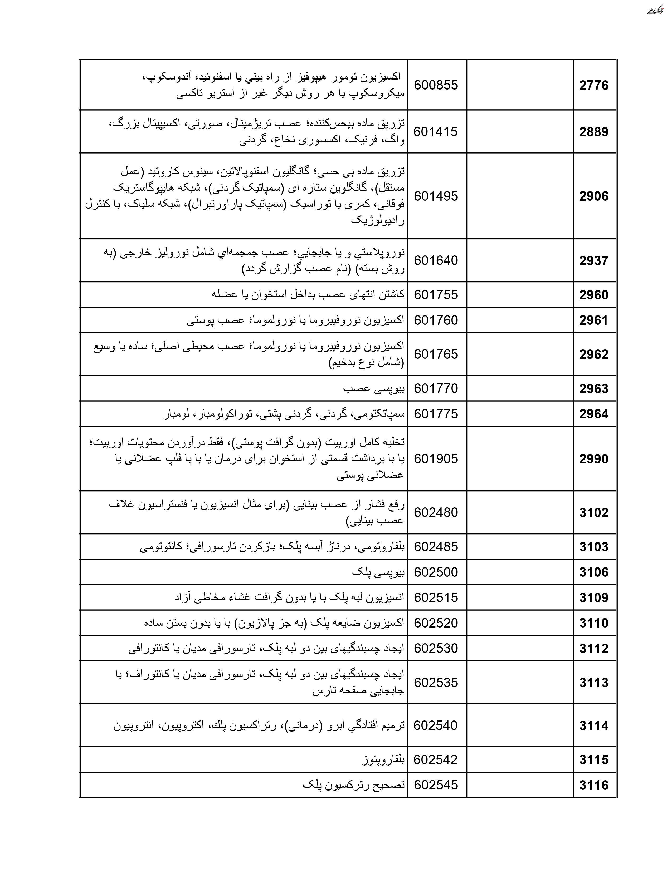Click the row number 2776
pos(593,85)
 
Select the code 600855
pos(436,85)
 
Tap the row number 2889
pos(593,132)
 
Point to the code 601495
pos(436,196)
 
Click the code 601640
pos(436,261)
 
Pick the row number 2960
pos(593,295)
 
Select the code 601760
pos(436,320)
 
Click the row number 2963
pos(593,388)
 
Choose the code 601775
pos(436,414)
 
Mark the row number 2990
pos(593,459)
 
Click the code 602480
pos(436,512)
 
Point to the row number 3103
pos(593,547)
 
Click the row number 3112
pos(593,649)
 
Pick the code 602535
pos(436,683)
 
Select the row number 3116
pos(593,785)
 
